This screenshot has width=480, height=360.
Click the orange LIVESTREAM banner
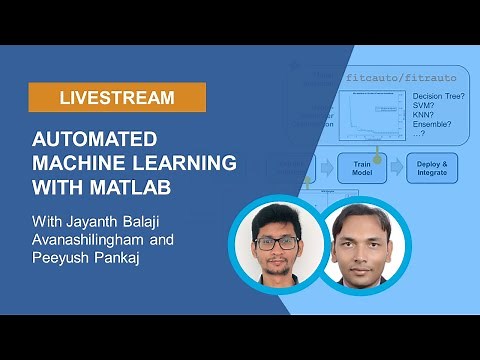pyautogui.click(x=117, y=98)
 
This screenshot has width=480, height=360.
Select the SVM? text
pyautogui.click(x=411, y=108)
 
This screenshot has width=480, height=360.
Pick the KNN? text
pyautogui.click(x=411, y=118)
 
